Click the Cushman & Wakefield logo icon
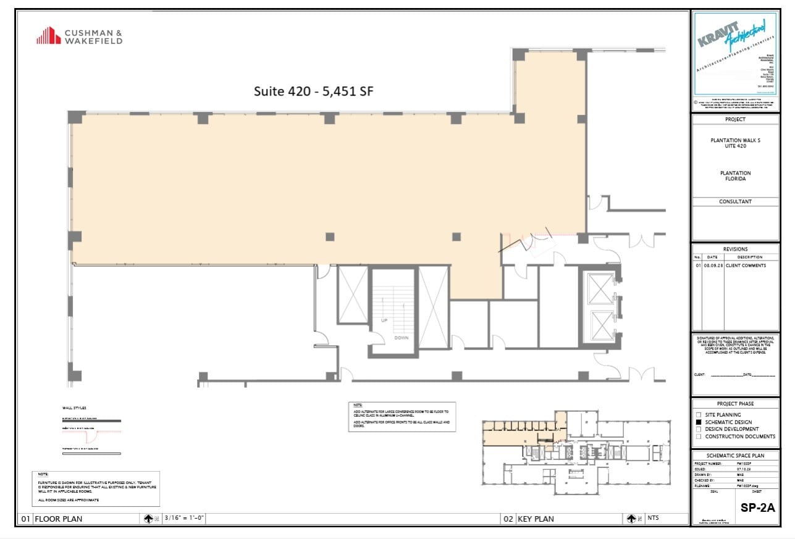click(48, 36)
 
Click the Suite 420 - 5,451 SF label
click(314, 91)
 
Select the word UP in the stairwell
click(384, 321)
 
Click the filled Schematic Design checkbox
click(699, 422)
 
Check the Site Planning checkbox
click(699, 415)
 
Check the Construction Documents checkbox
click(699, 437)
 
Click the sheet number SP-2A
click(757, 508)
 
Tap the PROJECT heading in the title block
click(735, 119)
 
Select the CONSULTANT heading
click(735, 201)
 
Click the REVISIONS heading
click(735, 249)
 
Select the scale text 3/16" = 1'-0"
click(183, 519)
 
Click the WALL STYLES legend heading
click(74, 408)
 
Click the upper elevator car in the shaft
click(600, 288)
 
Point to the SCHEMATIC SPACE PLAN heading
click(735, 455)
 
